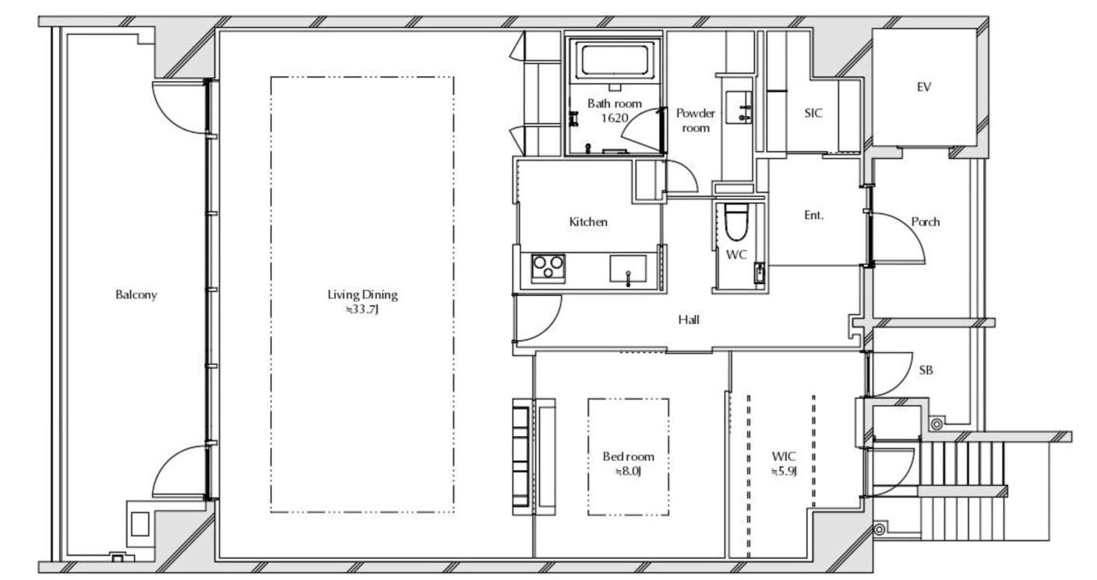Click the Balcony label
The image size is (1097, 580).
[x=136, y=294]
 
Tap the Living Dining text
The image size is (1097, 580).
[x=362, y=294]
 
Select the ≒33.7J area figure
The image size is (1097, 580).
[x=362, y=309]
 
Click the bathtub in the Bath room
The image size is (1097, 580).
[x=615, y=59]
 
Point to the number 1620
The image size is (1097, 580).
[x=614, y=118]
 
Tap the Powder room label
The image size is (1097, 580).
[x=696, y=121]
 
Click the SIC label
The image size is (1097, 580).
[x=813, y=113]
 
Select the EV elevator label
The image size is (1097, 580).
[x=923, y=87]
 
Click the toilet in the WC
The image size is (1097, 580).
[x=736, y=222]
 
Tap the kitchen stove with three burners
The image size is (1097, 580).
[x=548, y=269]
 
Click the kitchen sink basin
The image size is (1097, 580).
[x=628, y=269]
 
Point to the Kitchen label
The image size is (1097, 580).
[x=588, y=222]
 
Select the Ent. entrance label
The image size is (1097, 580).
[x=814, y=215]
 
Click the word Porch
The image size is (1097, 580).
[x=926, y=222]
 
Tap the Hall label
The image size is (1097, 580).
[x=689, y=320]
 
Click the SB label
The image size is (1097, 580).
[x=926, y=370]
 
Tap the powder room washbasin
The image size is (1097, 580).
[x=739, y=107]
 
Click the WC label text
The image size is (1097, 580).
[x=736, y=255]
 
